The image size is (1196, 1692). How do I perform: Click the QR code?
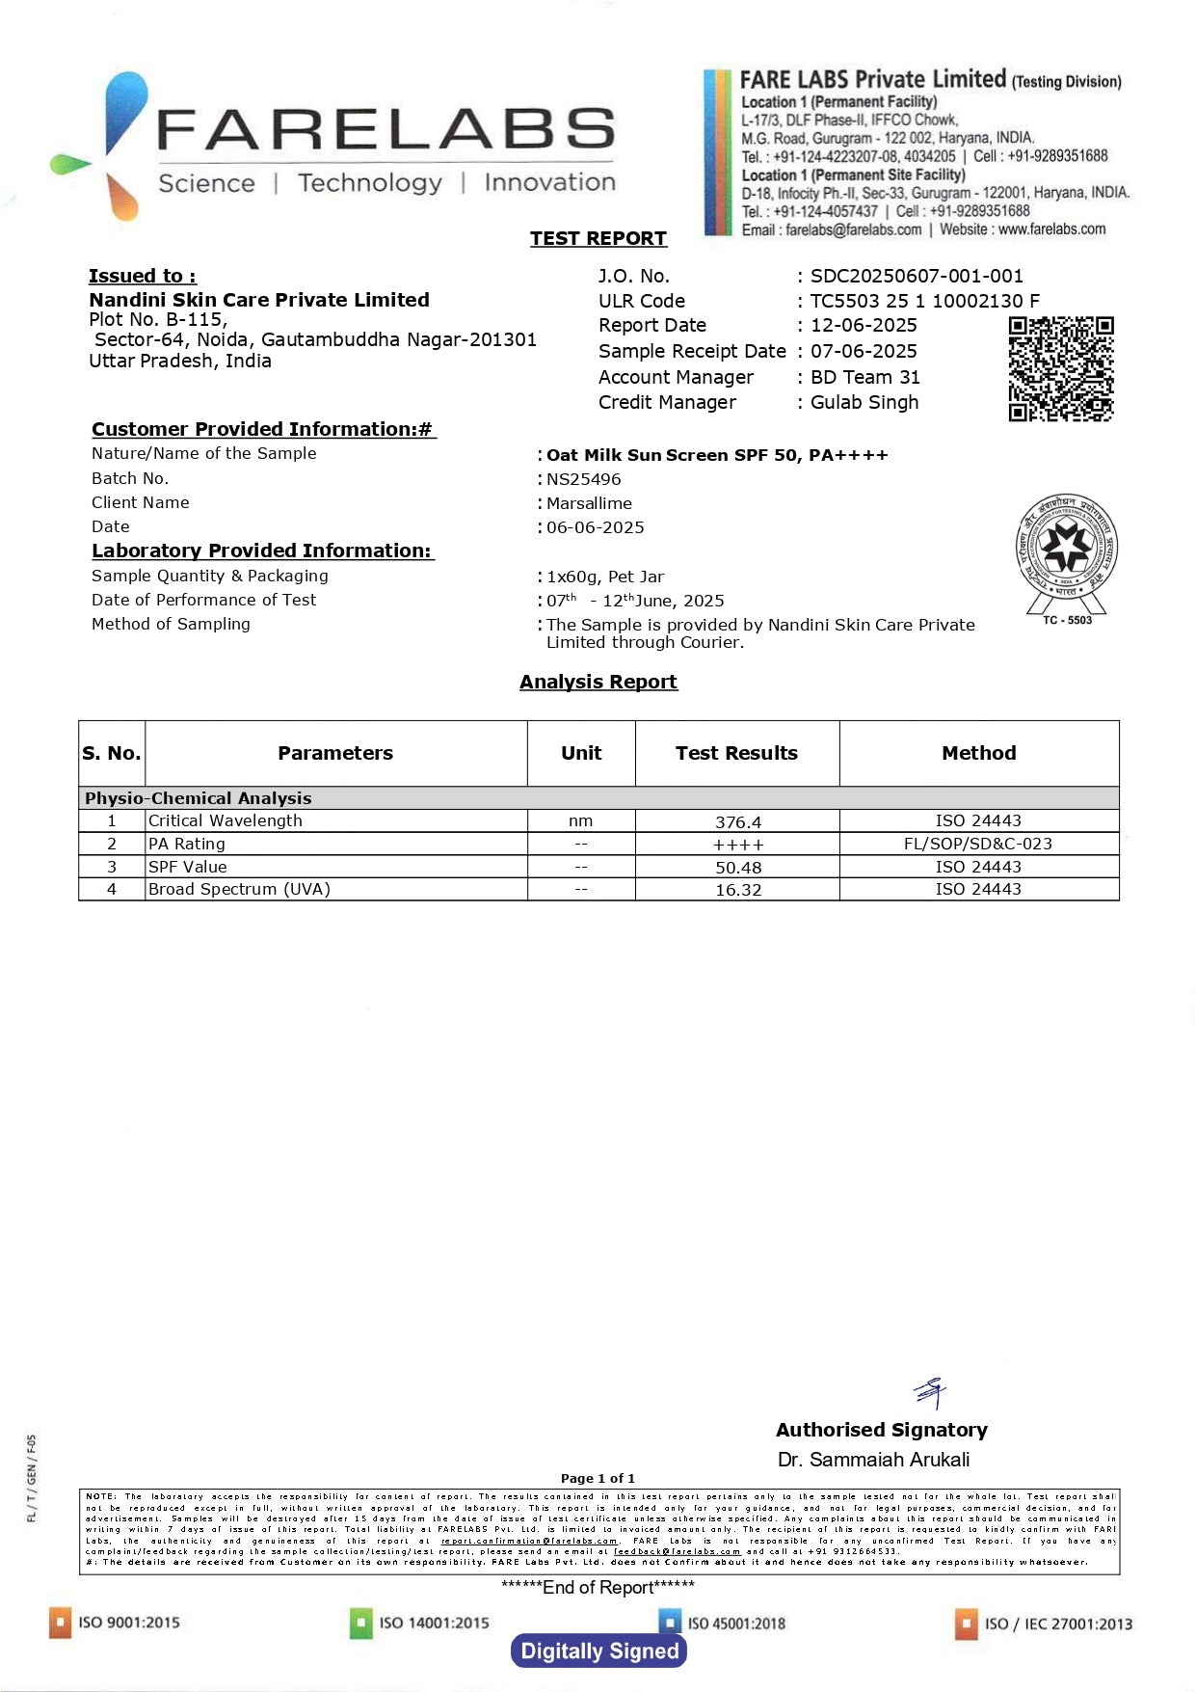tap(1060, 368)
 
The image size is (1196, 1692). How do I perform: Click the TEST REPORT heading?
tap(598, 238)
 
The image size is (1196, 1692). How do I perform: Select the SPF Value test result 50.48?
tap(737, 868)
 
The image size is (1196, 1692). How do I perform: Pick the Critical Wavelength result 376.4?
tap(737, 822)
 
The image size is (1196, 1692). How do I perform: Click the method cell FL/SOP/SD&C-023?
tap(977, 844)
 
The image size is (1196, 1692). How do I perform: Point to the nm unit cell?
tap(580, 821)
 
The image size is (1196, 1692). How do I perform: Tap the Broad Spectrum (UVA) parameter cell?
tap(239, 889)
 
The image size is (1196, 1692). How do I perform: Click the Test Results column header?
tap(736, 753)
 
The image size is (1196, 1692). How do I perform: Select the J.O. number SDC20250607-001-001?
tap(916, 276)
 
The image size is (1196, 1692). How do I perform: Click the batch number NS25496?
tap(583, 479)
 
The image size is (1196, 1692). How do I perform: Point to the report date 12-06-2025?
tap(863, 326)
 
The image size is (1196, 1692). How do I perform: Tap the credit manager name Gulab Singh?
tap(864, 402)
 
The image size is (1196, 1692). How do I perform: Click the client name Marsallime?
tap(589, 503)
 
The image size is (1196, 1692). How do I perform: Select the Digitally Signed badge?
tap(598, 1651)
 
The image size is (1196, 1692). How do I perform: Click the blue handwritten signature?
tap(931, 1392)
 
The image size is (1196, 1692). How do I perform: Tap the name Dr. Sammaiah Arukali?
tap(873, 1460)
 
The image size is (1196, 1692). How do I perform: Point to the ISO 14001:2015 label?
tap(434, 1623)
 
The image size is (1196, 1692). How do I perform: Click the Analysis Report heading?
tap(598, 682)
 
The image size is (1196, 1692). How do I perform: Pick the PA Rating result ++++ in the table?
tap(737, 845)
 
